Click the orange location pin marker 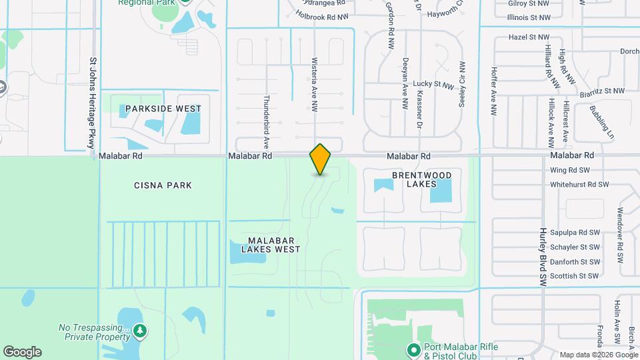point(321,159)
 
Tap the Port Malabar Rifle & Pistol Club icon point(413,349)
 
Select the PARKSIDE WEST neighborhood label point(163,108)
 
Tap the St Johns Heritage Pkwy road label point(92,104)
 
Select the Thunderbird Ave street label point(265,120)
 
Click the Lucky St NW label point(433,85)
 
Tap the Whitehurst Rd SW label point(579,185)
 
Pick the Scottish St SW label point(575,275)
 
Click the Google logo point(22,352)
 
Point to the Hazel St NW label point(529,38)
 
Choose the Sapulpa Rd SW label point(575,233)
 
